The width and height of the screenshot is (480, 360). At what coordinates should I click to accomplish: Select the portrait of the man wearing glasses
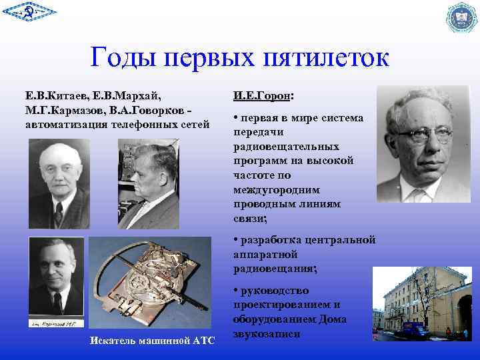coord(427,144)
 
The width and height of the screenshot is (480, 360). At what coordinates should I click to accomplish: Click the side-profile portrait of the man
coord(149,183)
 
